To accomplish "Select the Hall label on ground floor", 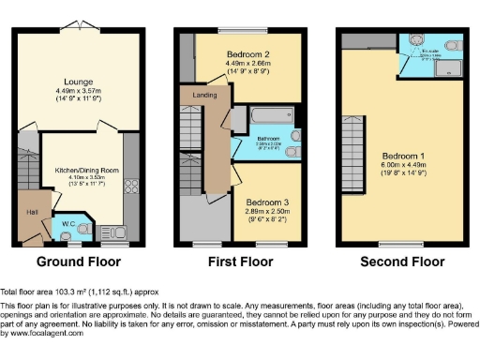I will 30,212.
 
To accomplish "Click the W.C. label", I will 68,223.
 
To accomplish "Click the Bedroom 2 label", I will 249,54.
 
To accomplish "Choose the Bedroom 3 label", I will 267,202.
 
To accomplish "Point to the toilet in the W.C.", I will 82,230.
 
